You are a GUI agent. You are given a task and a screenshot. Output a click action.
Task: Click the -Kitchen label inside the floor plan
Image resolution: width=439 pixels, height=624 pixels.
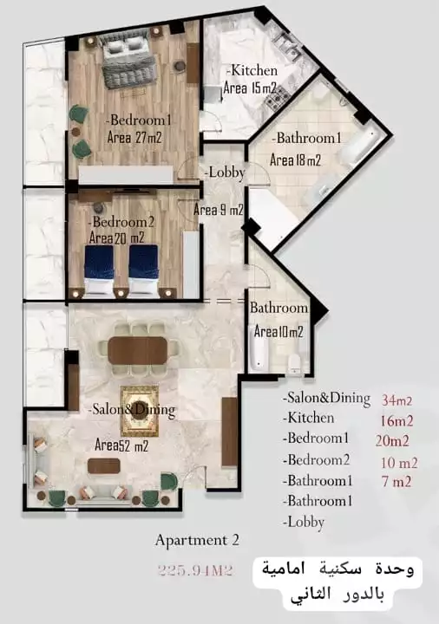252,70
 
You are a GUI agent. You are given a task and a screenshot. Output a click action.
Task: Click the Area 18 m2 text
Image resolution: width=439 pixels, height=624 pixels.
295,160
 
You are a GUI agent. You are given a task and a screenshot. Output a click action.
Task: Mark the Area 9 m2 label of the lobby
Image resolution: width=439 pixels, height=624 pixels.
218,210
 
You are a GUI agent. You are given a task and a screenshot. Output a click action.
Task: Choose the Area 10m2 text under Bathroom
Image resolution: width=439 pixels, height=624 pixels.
278,332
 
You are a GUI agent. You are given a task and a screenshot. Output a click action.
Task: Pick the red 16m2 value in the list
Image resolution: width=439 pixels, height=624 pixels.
396,421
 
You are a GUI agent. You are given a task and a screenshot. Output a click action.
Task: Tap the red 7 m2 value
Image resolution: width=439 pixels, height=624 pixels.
396,482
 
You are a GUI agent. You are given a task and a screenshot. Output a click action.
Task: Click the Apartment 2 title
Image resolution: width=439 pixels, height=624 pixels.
197,540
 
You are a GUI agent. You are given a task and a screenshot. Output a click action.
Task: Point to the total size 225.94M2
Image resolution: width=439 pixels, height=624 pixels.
197,569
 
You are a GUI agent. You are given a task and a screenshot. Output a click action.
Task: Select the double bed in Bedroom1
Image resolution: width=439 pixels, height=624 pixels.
128,63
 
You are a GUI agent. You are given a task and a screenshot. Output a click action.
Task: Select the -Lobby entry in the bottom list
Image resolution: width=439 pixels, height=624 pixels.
304,523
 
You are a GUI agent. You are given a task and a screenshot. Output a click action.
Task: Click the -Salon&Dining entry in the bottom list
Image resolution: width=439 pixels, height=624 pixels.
325,400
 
